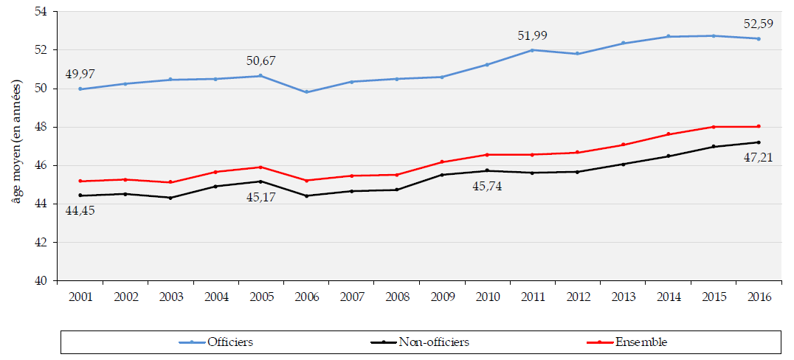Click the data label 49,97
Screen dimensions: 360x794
(x=80, y=74)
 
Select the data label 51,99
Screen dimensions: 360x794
(x=533, y=35)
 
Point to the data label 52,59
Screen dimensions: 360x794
(x=758, y=24)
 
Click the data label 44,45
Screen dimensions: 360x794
(x=81, y=210)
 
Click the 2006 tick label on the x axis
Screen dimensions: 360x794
(x=306, y=297)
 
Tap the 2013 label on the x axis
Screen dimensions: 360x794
(x=623, y=297)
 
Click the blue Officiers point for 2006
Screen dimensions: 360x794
(x=306, y=92)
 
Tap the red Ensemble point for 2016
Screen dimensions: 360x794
(x=759, y=126)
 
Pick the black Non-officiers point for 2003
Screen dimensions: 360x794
(x=170, y=198)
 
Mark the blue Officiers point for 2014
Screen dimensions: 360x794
(x=668, y=36)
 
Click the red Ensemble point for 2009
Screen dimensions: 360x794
(x=442, y=162)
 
